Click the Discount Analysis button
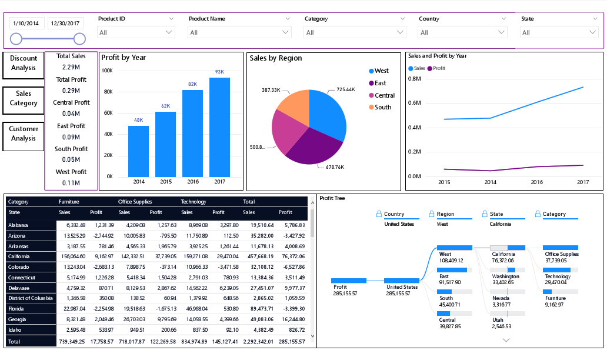(x=23, y=63)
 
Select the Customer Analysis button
(x=23, y=134)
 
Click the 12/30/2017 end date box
(x=66, y=24)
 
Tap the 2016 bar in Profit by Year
(x=192, y=133)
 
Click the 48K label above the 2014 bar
(x=138, y=120)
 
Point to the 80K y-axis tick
(x=107, y=92)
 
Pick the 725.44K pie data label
(x=346, y=90)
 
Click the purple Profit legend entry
(x=436, y=68)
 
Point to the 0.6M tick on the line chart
(x=414, y=102)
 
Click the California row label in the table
(x=22, y=256)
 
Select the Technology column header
(x=194, y=202)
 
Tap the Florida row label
(x=16, y=309)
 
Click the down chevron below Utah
(x=506, y=340)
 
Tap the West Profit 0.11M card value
(x=71, y=183)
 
